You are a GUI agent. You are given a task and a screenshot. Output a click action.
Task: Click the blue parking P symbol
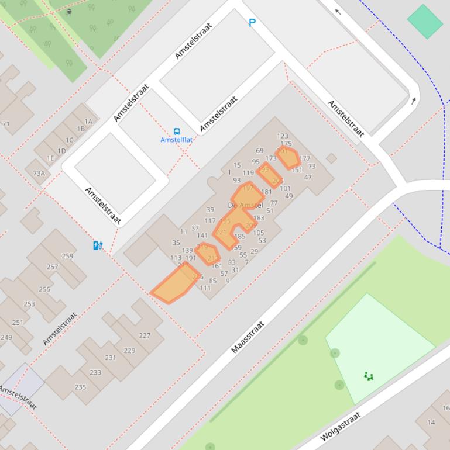(252, 23)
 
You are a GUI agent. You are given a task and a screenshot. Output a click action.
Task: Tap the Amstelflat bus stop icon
(177, 131)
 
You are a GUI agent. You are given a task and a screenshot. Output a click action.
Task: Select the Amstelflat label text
(177, 140)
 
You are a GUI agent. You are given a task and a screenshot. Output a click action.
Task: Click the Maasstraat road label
(248, 337)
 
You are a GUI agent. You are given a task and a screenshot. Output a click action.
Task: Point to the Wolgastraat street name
(340, 426)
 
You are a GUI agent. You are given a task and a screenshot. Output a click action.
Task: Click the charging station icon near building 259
(98, 245)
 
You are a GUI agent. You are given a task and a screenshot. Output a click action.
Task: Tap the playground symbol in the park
(369, 376)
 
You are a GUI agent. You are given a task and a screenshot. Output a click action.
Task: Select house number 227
(145, 335)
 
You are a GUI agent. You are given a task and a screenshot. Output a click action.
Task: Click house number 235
(80, 387)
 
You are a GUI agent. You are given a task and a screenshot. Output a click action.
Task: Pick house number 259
(67, 256)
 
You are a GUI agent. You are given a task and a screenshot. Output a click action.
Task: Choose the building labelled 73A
(39, 173)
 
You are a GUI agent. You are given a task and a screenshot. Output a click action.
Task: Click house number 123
(283, 136)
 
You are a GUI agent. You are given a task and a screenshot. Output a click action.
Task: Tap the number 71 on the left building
(6, 124)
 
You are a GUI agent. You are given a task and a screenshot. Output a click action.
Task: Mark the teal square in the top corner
(425, 22)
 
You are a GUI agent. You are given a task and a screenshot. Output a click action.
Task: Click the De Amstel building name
(245, 205)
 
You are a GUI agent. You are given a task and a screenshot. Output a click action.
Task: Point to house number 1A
(88, 122)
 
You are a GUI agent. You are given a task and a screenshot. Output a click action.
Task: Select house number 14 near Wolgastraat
(431, 422)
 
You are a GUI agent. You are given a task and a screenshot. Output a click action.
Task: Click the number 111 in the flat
(205, 288)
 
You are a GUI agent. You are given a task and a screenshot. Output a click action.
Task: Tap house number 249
(6, 337)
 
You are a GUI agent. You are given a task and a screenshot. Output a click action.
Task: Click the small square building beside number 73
(331, 158)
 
